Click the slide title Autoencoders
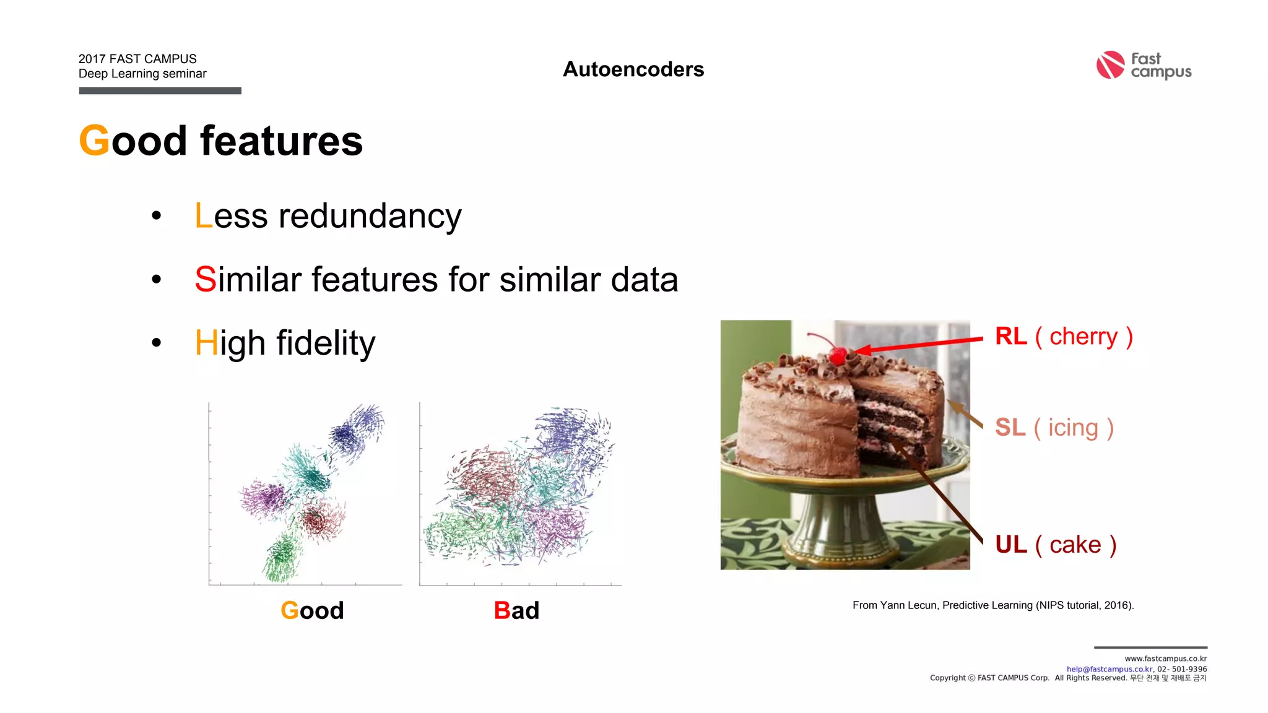pyautogui.click(x=633, y=69)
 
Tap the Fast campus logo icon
pyautogui.click(x=1110, y=65)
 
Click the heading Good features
pyautogui.click(x=220, y=140)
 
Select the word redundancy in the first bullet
pyautogui.click(x=370, y=217)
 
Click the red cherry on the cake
pyautogui.click(x=838, y=355)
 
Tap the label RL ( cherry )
pyautogui.click(x=1063, y=336)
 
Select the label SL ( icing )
pyautogui.click(x=1054, y=427)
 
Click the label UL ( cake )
pyautogui.click(x=1055, y=545)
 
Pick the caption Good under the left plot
pyautogui.click(x=312, y=610)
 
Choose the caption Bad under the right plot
pyautogui.click(x=516, y=610)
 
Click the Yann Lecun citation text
pyautogui.click(x=992, y=605)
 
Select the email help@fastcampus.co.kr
pyautogui.click(x=1109, y=669)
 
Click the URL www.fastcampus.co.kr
pyautogui.click(x=1165, y=659)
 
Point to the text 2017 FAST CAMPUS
pyautogui.click(x=137, y=59)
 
